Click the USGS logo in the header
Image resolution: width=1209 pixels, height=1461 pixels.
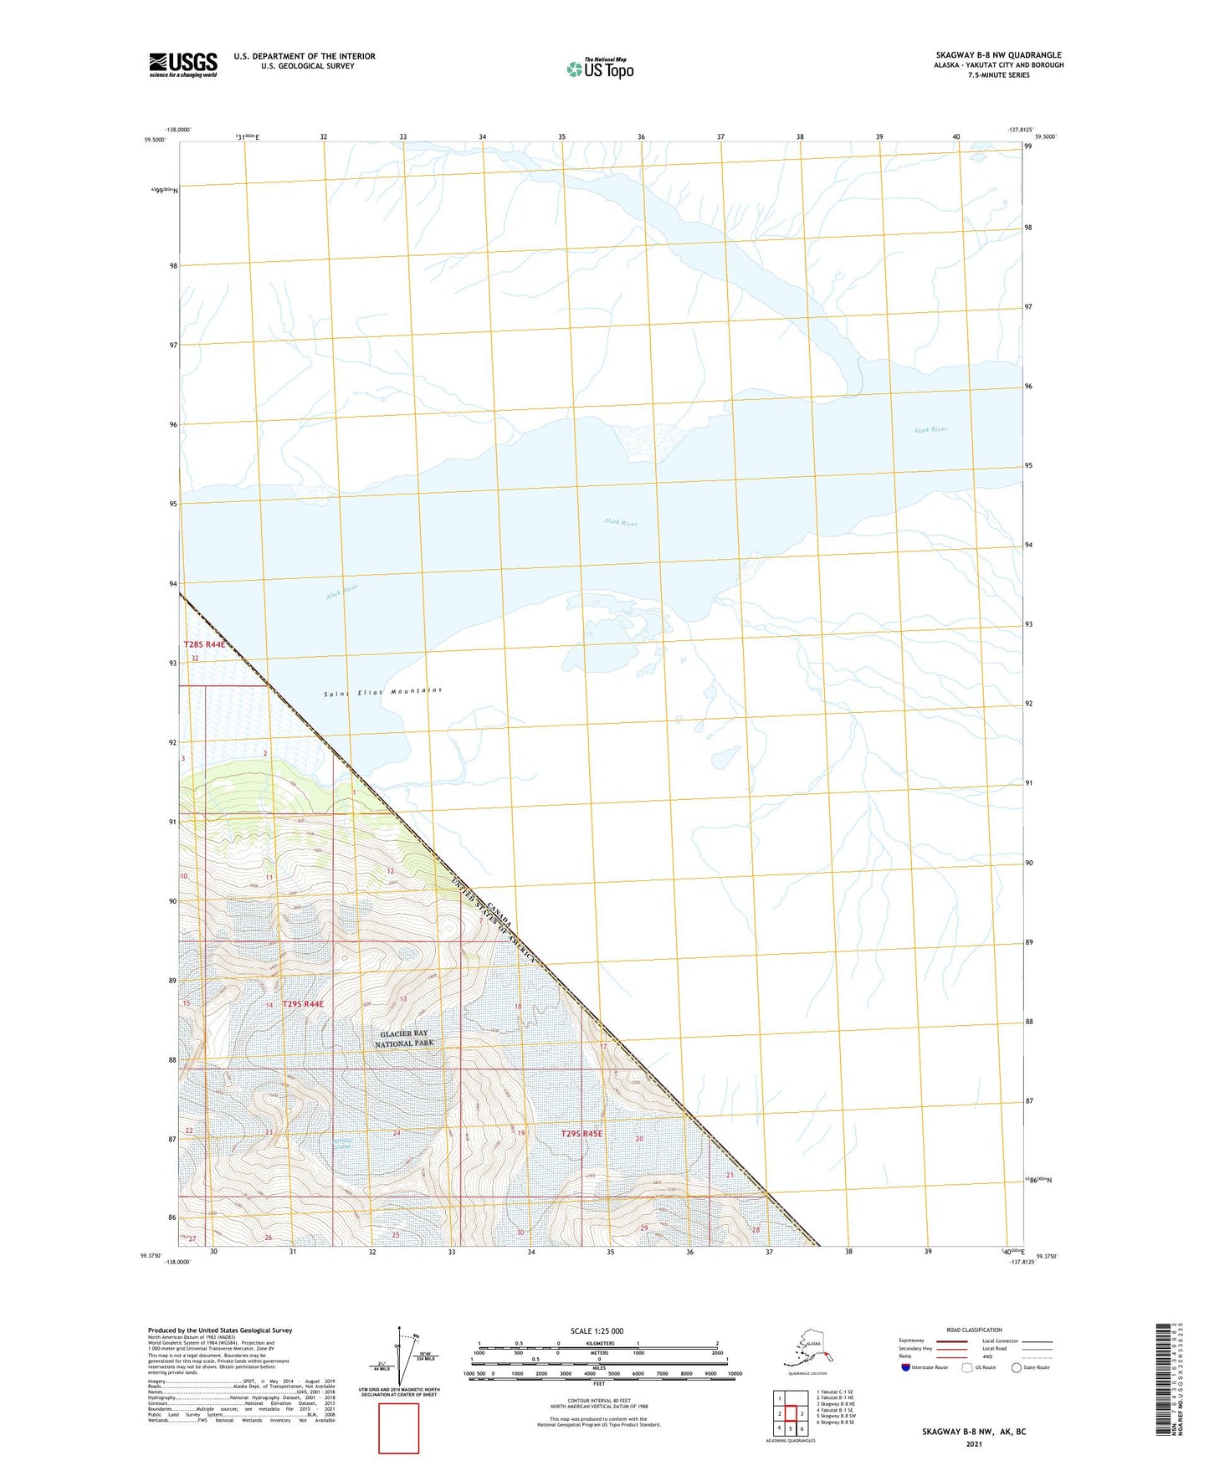point(182,64)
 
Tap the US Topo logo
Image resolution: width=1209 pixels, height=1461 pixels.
point(599,69)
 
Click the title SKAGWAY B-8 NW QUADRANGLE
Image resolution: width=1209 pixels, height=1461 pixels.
point(998,55)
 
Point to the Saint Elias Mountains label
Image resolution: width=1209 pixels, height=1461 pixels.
point(382,692)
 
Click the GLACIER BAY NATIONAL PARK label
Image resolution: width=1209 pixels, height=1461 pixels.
point(405,1038)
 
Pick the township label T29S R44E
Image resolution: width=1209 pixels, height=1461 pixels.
point(303,1003)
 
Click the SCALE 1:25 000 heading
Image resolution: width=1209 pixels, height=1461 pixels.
point(597,1331)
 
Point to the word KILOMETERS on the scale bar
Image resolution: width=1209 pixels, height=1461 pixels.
point(597,1343)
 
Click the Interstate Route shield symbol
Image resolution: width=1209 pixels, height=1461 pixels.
point(905,1367)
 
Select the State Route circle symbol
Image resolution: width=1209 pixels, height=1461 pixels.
point(1017,1367)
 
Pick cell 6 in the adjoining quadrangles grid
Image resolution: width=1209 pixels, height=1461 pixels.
point(802,1429)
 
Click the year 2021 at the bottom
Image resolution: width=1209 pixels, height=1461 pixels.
point(974,1444)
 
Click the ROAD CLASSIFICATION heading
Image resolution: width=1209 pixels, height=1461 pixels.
point(974,1330)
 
